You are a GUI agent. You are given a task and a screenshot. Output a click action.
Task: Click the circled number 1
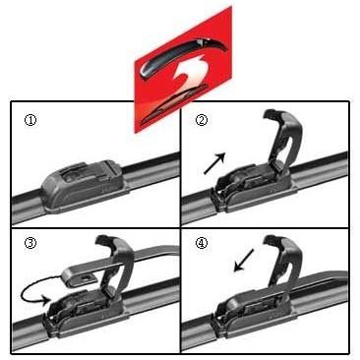pyautogui.click(x=30, y=120)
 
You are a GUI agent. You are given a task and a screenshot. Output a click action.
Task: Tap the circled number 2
pyautogui.click(x=202, y=120)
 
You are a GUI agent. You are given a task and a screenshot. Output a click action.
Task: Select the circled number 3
pyautogui.click(x=30, y=243)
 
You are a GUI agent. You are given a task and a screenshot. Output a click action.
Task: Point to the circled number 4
pyautogui.click(x=202, y=243)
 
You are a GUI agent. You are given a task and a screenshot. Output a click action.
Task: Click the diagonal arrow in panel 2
pyautogui.click(x=214, y=163)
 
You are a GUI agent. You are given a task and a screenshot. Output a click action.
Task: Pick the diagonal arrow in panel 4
pyautogui.click(x=244, y=260)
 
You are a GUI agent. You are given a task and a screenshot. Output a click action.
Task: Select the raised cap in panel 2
pyautogui.click(x=283, y=140)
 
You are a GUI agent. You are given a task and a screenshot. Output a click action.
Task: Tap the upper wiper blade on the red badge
pyautogui.click(x=184, y=56)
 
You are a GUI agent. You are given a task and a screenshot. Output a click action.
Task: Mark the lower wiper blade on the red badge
pyautogui.click(x=174, y=105)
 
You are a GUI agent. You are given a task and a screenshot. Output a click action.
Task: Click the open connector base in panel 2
pyautogui.click(x=254, y=190)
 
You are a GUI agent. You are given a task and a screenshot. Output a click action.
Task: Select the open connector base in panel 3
pyautogui.click(x=86, y=312)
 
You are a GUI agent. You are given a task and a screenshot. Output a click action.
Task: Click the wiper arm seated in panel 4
pyautogui.click(x=315, y=282)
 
